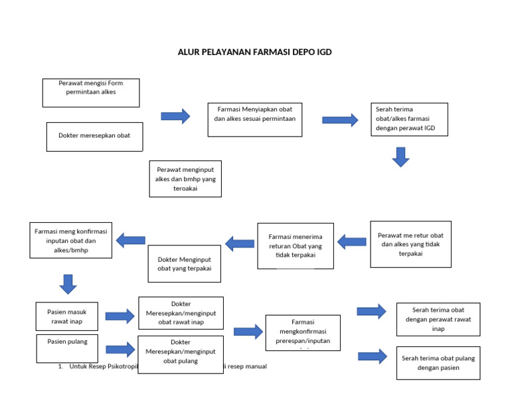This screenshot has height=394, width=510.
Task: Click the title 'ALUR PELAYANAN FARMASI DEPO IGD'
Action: (254, 52)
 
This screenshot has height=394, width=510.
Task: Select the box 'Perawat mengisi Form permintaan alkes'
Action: (91, 93)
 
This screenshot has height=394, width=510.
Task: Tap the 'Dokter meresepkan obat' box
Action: (94, 136)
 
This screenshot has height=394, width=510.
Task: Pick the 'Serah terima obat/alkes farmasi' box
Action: (409, 119)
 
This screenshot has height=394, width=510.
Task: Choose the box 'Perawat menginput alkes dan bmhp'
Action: (185, 179)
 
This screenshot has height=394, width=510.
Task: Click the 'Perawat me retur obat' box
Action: (410, 244)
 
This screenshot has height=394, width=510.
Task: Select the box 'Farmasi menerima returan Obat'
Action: (296, 245)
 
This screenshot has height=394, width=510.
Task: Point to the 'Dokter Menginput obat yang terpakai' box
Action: (184, 263)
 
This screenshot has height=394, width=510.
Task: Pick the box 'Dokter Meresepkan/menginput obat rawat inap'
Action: (181, 313)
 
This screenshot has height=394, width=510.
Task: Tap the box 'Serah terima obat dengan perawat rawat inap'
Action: (438, 319)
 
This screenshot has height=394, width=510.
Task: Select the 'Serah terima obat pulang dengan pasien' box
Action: (438, 363)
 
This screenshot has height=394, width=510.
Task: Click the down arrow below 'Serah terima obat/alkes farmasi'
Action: (400, 157)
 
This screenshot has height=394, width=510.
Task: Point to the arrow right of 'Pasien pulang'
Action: (120, 349)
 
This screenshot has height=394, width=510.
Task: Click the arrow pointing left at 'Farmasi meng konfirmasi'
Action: (131, 240)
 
